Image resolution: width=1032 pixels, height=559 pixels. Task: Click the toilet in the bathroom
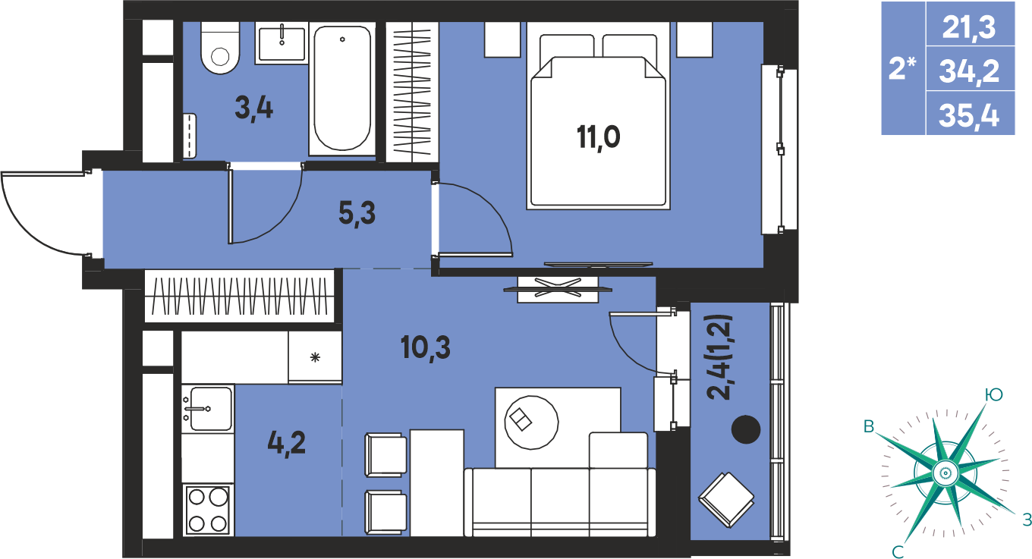220,48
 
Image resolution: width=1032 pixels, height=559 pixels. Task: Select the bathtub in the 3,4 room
341,89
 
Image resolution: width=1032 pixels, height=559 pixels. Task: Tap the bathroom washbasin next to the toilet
282,43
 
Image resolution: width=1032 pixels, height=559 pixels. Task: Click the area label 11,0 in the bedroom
599,137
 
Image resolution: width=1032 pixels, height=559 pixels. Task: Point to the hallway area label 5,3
357,214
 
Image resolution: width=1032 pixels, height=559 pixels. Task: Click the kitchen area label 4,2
287,444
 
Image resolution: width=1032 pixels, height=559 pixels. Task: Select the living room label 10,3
425,347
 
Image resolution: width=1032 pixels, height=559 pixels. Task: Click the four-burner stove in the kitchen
208,510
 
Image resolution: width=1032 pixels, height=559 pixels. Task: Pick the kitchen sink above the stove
208,408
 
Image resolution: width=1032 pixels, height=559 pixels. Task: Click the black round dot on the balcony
746,429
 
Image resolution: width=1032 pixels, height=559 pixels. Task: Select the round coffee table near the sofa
531,422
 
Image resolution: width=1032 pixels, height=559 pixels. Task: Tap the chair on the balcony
726,500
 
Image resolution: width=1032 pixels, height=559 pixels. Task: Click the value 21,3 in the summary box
969,28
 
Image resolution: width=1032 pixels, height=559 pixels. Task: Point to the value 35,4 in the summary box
969,115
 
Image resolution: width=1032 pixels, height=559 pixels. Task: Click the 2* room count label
901,69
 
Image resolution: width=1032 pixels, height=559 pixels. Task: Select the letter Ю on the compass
993,394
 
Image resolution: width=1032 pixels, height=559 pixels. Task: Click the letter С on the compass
898,551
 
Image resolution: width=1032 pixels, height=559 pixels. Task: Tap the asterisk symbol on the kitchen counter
315,357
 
